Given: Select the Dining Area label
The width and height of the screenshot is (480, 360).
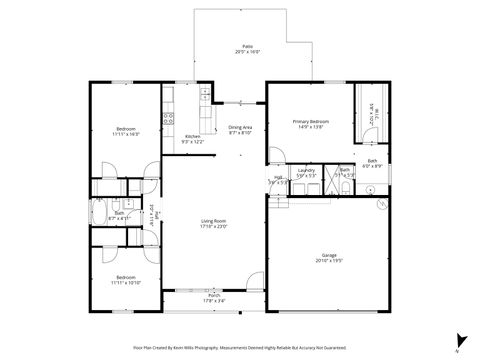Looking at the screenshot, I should [240, 127].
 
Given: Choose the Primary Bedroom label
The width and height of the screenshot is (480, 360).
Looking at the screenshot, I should [311, 122].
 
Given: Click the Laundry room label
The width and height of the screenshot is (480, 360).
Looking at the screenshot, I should [307, 170].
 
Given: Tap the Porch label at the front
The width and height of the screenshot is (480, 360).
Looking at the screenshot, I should [214, 295].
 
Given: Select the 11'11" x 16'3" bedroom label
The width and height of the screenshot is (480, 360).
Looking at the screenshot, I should [126, 129].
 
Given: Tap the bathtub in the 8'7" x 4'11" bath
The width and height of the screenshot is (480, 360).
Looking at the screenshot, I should [103, 212].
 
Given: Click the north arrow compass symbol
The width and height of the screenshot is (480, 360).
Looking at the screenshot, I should [457, 340].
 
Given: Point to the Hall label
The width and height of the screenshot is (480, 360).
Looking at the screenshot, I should [278, 178].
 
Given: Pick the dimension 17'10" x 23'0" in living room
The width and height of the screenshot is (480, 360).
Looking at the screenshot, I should [214, 226].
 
